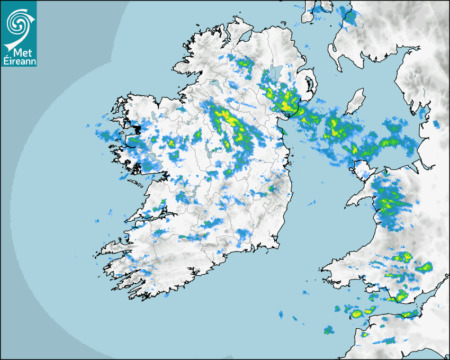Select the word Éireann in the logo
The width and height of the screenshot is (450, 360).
pos(19,61)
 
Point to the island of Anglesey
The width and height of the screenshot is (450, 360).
pos(362,169)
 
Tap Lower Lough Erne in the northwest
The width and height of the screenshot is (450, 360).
pos(214,84)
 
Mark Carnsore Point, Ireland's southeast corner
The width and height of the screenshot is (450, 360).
pos(278,246)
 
